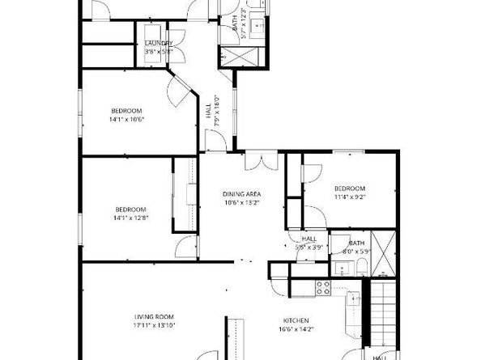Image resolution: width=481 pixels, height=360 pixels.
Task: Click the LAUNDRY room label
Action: pos(158,43)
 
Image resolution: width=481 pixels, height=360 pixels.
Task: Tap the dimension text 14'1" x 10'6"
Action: pos(126,120)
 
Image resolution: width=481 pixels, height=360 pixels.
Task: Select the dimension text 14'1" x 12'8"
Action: pos(130,218)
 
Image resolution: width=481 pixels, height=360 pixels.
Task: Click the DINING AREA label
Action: pos(241,194)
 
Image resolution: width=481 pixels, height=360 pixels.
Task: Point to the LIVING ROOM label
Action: pos(154,316)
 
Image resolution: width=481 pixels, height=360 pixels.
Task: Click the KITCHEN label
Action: pos(296,320)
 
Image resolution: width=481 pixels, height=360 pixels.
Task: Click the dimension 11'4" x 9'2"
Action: pos(350,196)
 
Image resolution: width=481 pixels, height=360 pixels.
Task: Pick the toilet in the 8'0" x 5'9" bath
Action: pos(362,268)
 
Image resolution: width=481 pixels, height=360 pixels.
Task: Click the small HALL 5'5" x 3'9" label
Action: pos(309,243)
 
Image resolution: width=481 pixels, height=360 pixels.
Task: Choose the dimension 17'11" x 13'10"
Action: pos(154,326)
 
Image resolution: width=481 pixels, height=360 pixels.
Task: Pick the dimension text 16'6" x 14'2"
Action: pos(296,330)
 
